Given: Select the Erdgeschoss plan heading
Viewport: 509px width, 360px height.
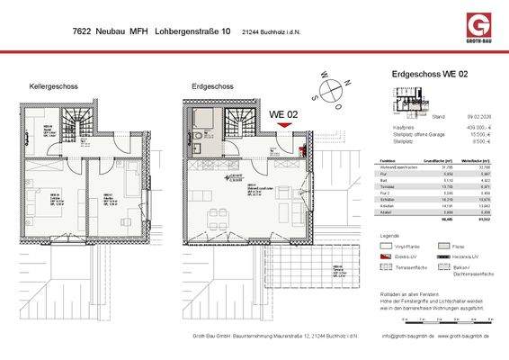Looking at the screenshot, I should click(212, 86).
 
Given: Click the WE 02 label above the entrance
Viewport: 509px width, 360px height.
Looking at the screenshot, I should click(285, 113).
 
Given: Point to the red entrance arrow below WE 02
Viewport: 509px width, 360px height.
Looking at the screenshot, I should click(286, 127).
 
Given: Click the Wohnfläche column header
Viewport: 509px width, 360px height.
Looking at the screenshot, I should click(457, 157).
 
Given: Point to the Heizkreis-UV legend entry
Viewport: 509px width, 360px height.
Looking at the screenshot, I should click(466, 256).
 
